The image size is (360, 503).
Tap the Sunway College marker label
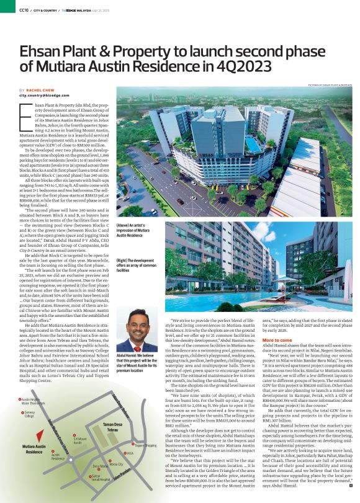(32, 413)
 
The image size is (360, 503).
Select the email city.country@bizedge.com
(46, 96)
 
